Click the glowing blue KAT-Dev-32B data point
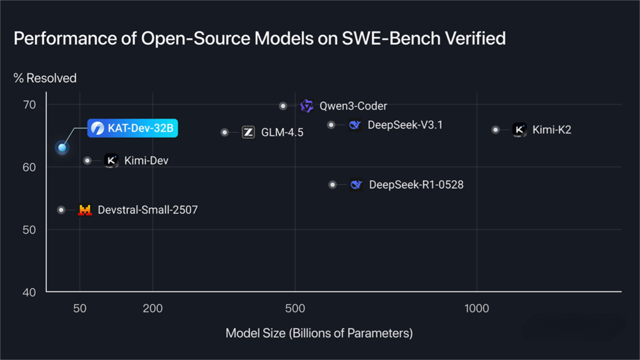pos(62,147)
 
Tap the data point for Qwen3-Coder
pos(283,106)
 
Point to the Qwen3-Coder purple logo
pos(307,106)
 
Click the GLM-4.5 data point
pos(225,132)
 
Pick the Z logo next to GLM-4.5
pos(248,132)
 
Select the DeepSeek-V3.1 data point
pos(331,125)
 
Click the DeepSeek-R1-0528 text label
pos(416,185)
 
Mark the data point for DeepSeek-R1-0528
pos(333,185)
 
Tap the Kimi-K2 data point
pos(495,130)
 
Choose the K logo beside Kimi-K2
pos(519,130)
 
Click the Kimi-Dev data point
pos(87,161)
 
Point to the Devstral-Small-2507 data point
pos(61,210)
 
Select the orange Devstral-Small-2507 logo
pos(85,210)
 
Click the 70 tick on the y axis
pos(29,105)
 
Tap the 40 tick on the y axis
pos(29,292)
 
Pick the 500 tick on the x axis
pos(295,309)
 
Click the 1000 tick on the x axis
pos(476,309)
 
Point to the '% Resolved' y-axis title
pos(45,78)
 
